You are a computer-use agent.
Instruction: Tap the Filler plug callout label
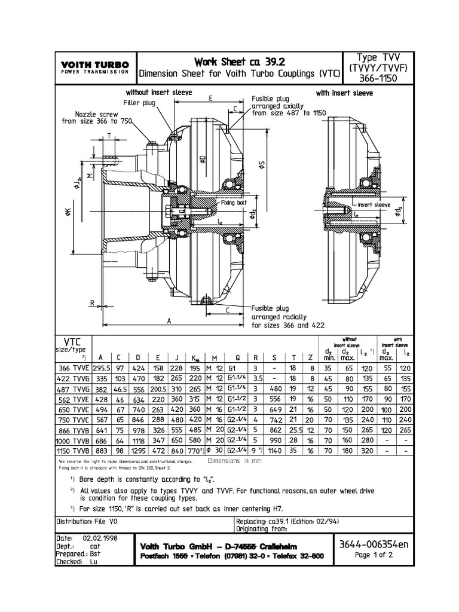(x=139, y=103)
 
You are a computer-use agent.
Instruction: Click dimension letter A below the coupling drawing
(x=170, y=320)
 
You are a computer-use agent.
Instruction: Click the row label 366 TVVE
(x=72, y=369)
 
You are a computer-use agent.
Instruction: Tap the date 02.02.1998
(x=101, y=538)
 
